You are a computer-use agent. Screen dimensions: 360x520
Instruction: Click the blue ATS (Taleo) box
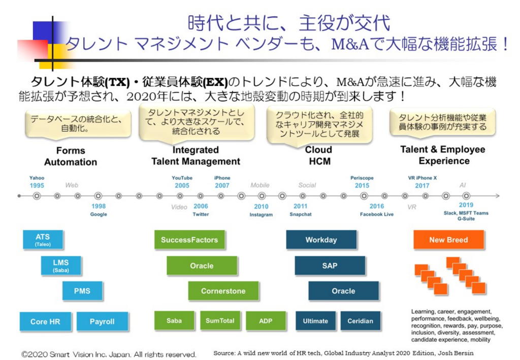tap(43, 240)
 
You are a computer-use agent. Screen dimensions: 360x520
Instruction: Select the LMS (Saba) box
tap(60, 265)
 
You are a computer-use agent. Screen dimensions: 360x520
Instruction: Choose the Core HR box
tap(45, 321)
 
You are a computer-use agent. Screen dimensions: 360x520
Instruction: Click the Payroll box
tap(102, 321)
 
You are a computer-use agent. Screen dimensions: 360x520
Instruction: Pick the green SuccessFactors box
tap(189, 240)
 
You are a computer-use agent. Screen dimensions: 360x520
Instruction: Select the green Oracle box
tap(202, 266)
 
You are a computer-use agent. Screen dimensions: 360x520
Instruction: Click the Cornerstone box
tap(223, 291)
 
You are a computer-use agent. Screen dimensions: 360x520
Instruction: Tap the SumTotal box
tap(220, 321)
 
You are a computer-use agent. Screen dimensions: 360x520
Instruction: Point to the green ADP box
tap(266, 321)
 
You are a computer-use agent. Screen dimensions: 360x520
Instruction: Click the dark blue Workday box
tap(321, 240)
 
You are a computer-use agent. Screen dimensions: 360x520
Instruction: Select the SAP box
tap(330, 266)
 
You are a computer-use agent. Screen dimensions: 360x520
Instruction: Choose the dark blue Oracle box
tap(343, 291)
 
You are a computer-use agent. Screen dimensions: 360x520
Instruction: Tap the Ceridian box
tap(360, 321)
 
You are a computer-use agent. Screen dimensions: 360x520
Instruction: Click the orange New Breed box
tap(448, 240)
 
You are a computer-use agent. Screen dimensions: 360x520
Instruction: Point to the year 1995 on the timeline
tap(37, 186)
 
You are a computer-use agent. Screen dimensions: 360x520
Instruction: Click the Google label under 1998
tap(99, 215)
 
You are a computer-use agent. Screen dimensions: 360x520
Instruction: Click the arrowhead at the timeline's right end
tap(498, 195)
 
